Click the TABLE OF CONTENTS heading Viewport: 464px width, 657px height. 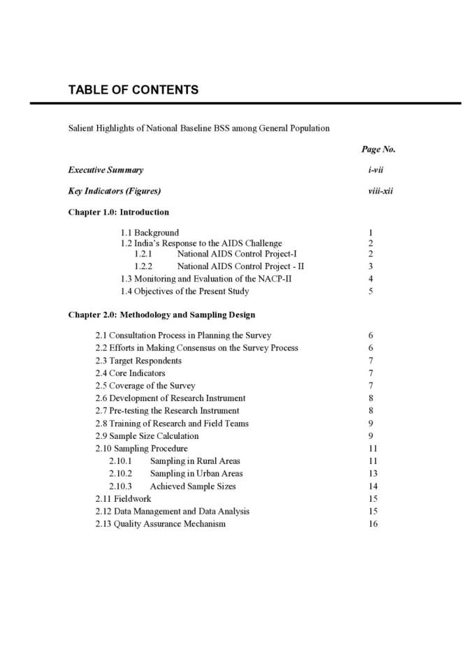coord(133,90)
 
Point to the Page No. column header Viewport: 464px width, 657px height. coord(378,150)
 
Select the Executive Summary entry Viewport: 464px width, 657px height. coord(106,170)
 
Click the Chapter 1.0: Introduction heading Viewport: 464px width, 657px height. coord(118,212)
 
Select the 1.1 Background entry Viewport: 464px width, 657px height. coord(150,233)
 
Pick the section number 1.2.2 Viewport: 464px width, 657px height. coord(143,266)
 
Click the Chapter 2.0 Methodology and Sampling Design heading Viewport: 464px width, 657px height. coord(161,315)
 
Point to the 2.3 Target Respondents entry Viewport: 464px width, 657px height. coord(138,361)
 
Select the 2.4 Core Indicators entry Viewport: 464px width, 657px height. coord(130,373)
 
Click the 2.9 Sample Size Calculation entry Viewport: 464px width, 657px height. coord(147,436)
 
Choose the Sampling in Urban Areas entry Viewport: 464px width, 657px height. coord(196,474)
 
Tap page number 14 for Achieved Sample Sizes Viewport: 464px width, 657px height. coord(372,486)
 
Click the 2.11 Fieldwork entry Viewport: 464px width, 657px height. coord(123,499)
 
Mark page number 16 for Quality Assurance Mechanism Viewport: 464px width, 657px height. coord(372,524)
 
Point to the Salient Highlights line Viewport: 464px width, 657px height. coord(198,129)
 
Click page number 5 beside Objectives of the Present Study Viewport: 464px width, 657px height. coord(370,291)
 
